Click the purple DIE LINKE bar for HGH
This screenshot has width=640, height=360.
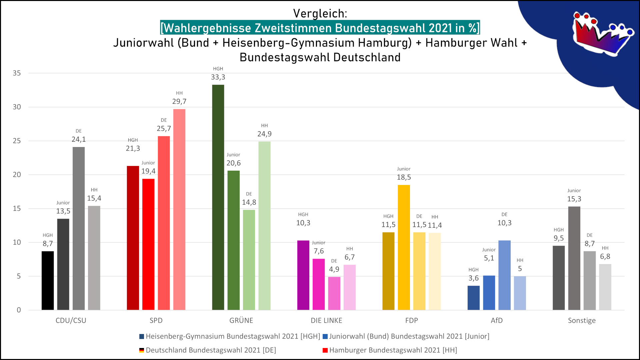pos(303,275)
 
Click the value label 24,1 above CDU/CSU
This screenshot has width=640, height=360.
pos(79,139)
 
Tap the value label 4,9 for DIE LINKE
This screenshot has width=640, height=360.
pos(334,269)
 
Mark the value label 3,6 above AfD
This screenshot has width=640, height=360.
pos(473,278)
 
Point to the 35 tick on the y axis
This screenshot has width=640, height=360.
pos(17,73)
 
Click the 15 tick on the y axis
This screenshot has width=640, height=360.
pos(17,209)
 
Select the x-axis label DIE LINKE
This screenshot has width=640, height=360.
pos(326,321)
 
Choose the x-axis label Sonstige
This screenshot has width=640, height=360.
pos(582,321)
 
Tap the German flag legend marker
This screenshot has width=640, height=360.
pos(142,350)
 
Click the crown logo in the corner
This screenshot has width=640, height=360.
pos(602,33)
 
